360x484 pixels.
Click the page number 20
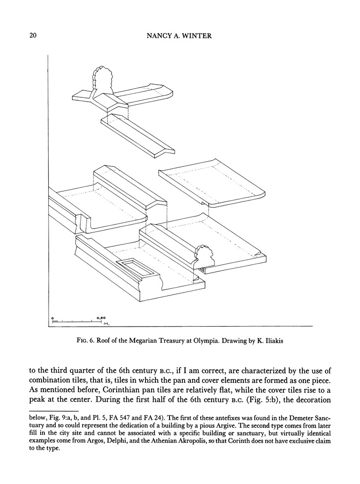tap(33, 35)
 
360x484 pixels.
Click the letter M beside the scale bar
tap(106, 324)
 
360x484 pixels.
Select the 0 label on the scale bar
tap(53, 318)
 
